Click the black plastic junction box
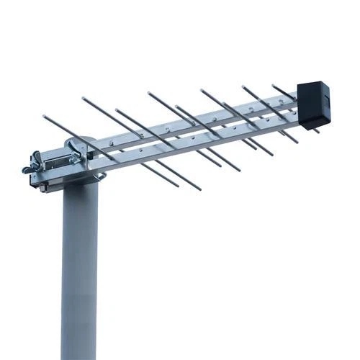[313, 104]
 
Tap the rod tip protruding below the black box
[317, 131]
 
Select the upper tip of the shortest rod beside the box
[274, 86]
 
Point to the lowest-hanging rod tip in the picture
[199, 189]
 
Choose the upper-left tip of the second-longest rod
[84, 98]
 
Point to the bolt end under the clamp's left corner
[43, 189]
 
